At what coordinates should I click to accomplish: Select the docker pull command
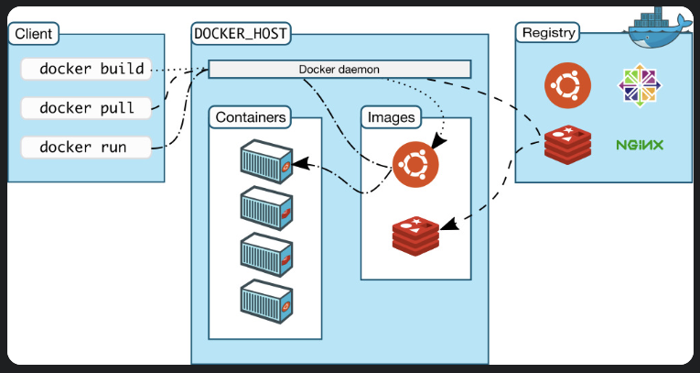[86, 107]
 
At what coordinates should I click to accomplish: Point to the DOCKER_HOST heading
[241, 34]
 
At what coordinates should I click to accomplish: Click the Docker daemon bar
[339, 69]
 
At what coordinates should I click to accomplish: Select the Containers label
[251, 117]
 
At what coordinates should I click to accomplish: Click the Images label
[391, 117]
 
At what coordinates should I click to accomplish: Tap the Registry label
[548, 34]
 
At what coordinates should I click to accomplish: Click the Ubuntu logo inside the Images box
[415, 166]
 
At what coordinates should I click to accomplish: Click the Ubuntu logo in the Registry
[566, 85]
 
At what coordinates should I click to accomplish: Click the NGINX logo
[640, 145]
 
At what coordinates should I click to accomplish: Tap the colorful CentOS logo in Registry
[640, 85]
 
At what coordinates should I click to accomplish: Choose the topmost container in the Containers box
[266, 161]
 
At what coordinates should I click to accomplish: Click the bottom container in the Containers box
[266, 301]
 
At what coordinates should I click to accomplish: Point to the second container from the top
[266, 208]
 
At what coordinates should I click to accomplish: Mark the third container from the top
[266, 254]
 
